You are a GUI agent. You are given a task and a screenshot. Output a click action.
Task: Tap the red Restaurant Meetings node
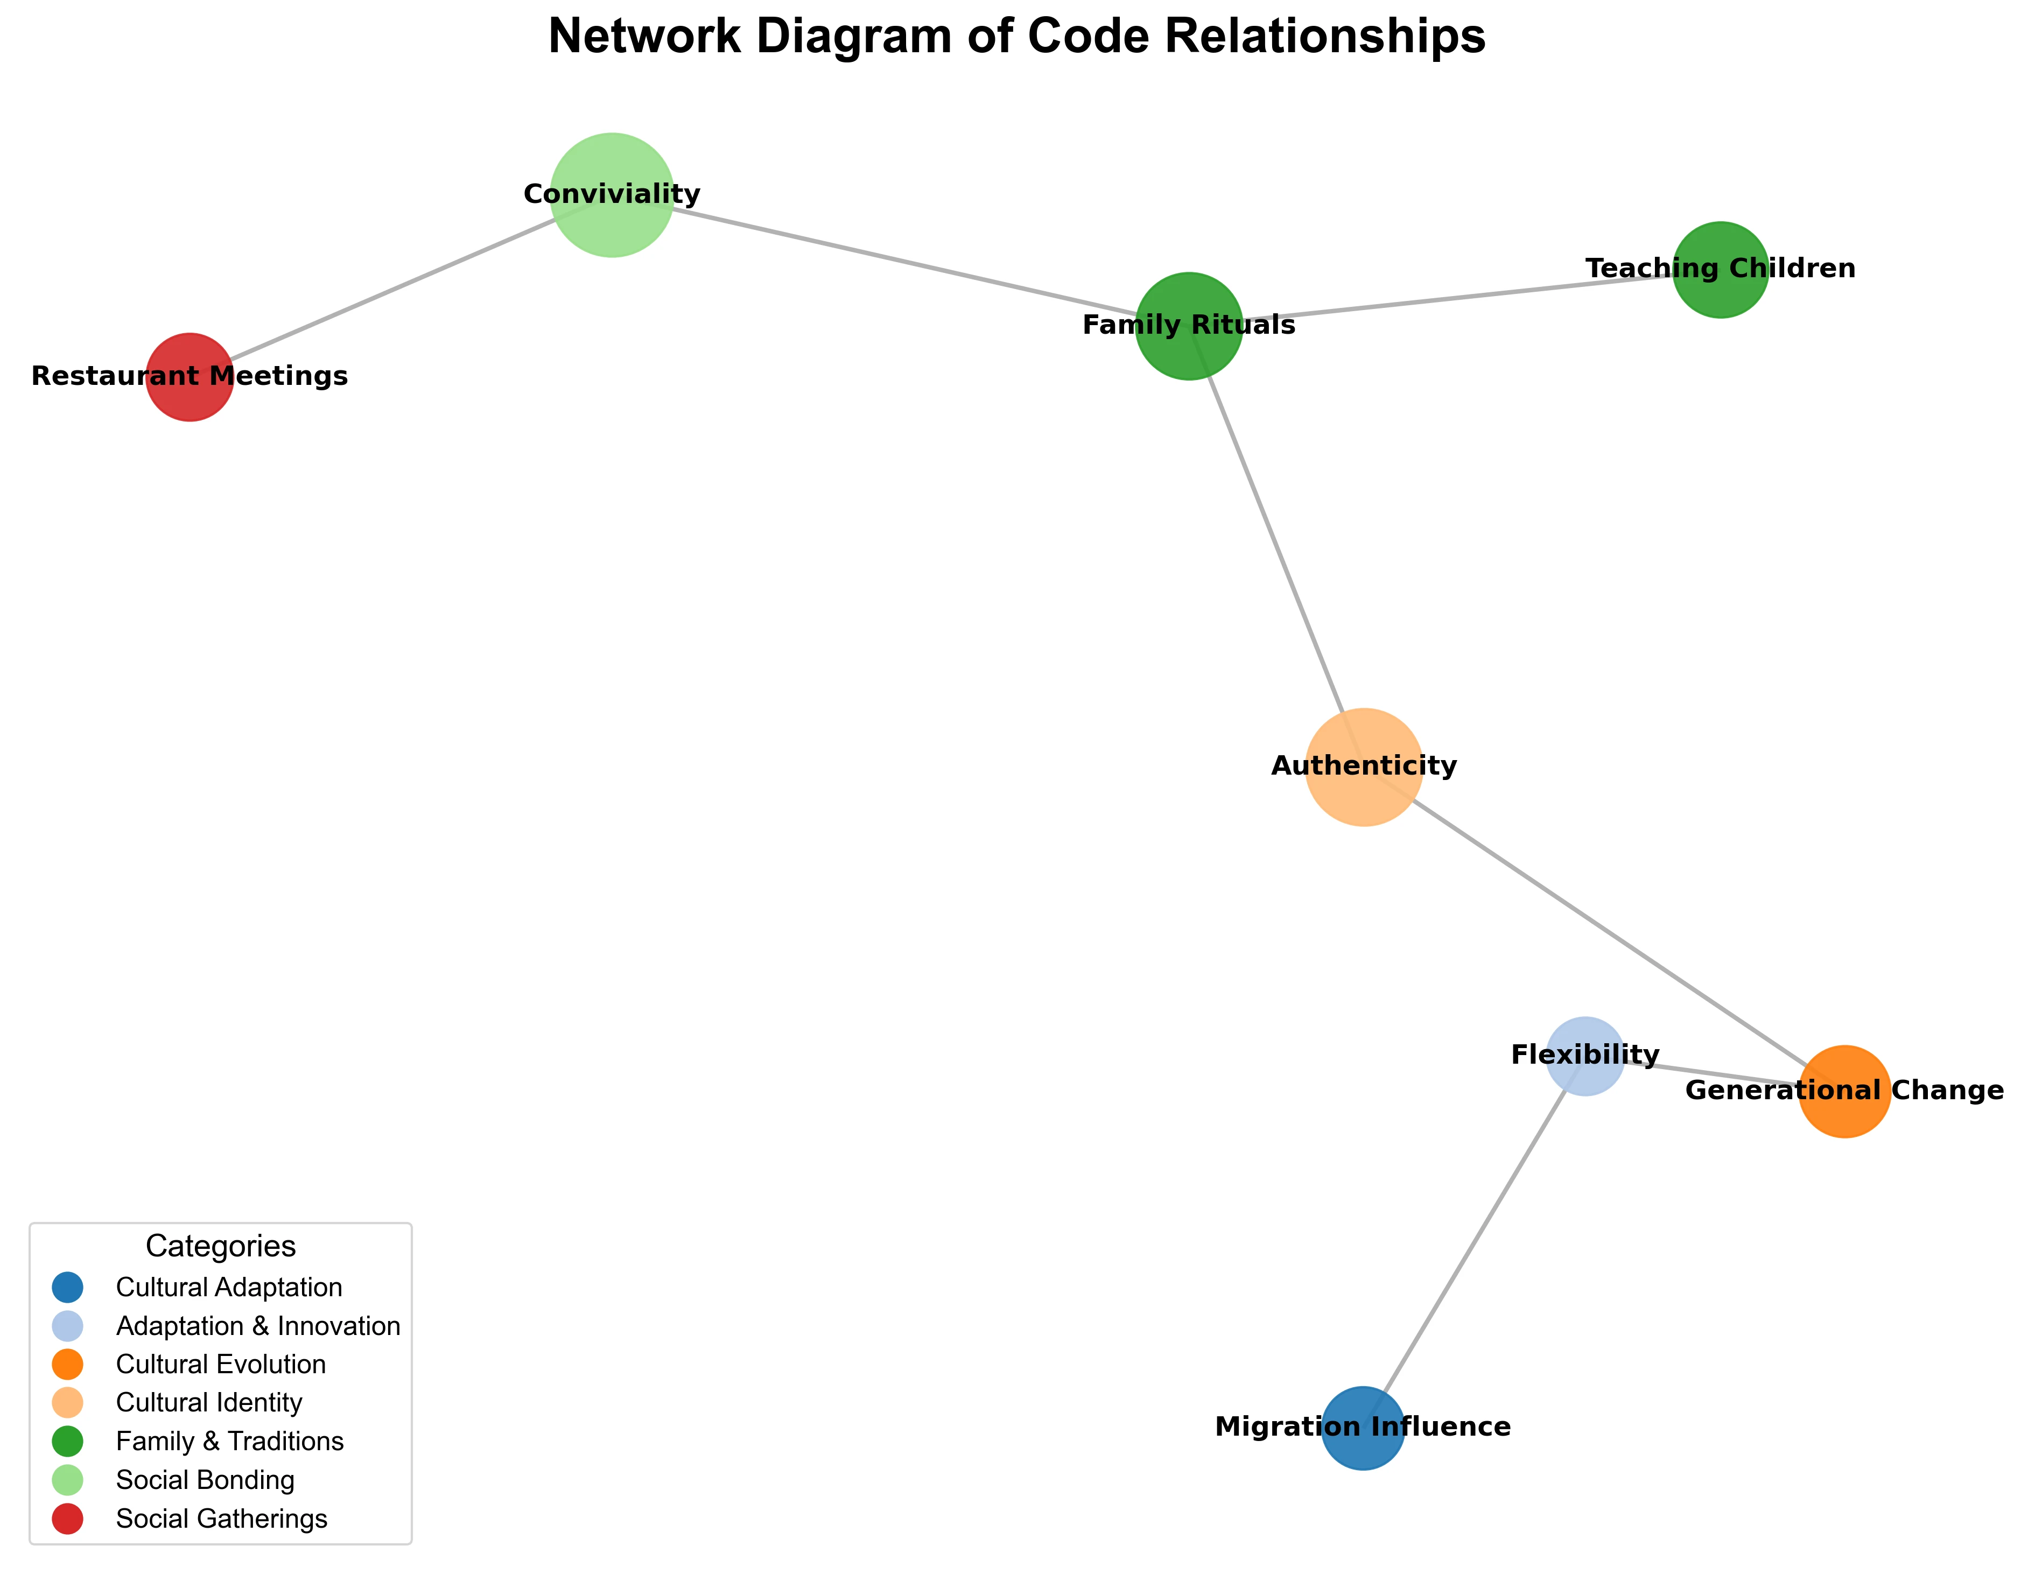tap(189, 376)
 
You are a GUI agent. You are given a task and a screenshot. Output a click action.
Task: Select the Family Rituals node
tap(1189, 325)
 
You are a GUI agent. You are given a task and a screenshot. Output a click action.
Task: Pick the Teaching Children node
tap(1720, 269)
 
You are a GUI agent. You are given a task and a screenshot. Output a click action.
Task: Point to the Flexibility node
tap(1585, 1055)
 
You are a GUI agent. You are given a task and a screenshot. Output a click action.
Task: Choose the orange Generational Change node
tap(1844, 1091)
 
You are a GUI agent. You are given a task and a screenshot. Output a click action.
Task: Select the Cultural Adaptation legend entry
tap(228, 1287)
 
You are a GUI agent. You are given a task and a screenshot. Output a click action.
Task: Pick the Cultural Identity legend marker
tap(68, 1402)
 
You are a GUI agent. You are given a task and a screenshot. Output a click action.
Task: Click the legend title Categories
tap(221, 1246)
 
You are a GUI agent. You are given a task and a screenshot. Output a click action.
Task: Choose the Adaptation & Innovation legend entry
tap(257, 1326)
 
